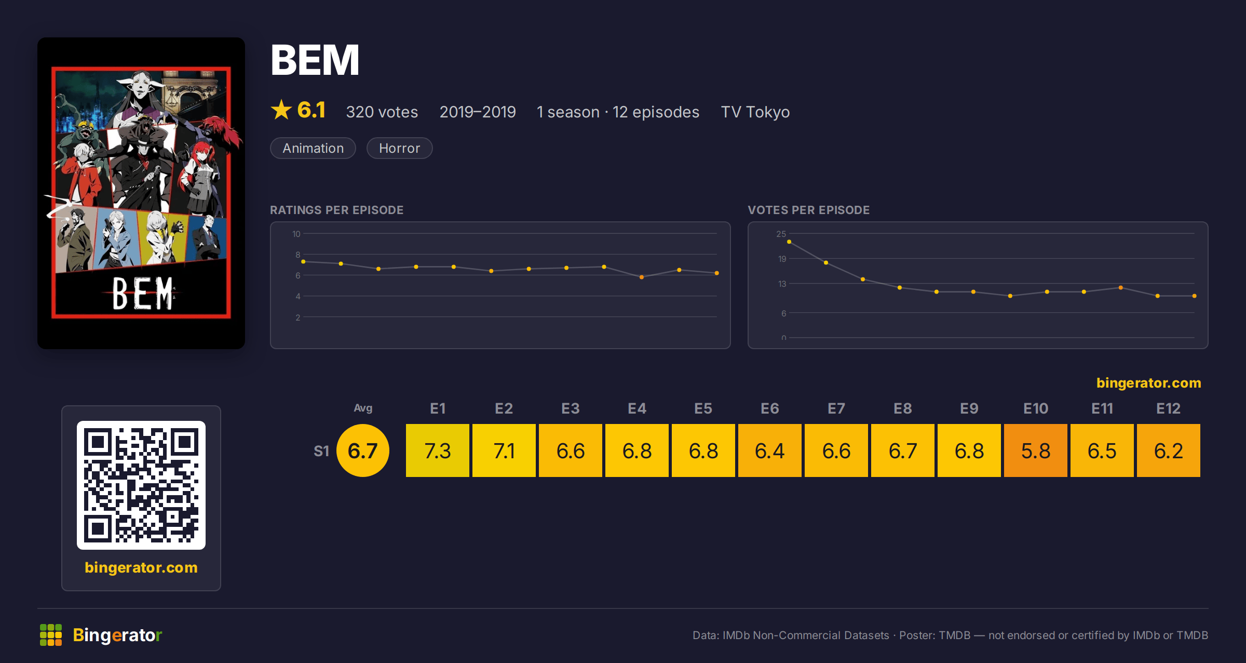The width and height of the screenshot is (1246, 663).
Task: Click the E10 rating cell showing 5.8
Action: (x=1035, y=450)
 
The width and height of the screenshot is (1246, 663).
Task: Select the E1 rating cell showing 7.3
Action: (x=437, y=450)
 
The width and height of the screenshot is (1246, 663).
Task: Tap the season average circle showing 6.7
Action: (x=363, y=450)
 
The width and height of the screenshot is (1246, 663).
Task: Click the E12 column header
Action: (x=1168, y=408)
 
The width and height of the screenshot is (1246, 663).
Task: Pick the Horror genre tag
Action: (x=399, y=148)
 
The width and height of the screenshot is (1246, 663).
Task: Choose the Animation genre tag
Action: (x=313, y=148)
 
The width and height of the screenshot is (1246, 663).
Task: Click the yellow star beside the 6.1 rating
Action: (x=281, y=110)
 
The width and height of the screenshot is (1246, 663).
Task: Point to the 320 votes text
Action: (x=382, y=112)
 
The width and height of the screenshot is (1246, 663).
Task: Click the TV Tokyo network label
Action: (x=755, y=112)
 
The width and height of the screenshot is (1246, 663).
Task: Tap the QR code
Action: (x=141, y=485)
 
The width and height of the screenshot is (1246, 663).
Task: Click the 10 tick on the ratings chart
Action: (x=296, y=234)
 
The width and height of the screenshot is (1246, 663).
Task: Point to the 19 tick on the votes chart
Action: (x=782, y=259)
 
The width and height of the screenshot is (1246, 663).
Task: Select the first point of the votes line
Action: (x=789, y=242)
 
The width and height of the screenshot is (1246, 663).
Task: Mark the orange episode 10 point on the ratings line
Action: (x=642, y=277)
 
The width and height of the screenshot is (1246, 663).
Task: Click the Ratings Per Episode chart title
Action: (x=336, y=210)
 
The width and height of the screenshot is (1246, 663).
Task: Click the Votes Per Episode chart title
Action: (x=808, y=210)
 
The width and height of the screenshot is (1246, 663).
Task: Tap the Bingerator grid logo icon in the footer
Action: (x=51, y=635)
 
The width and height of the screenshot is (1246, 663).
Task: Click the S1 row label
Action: (x=321, y=451)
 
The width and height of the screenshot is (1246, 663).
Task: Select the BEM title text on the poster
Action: (x=142, y=294)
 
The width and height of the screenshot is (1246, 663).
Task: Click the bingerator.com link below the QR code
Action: (x=141, y=567)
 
